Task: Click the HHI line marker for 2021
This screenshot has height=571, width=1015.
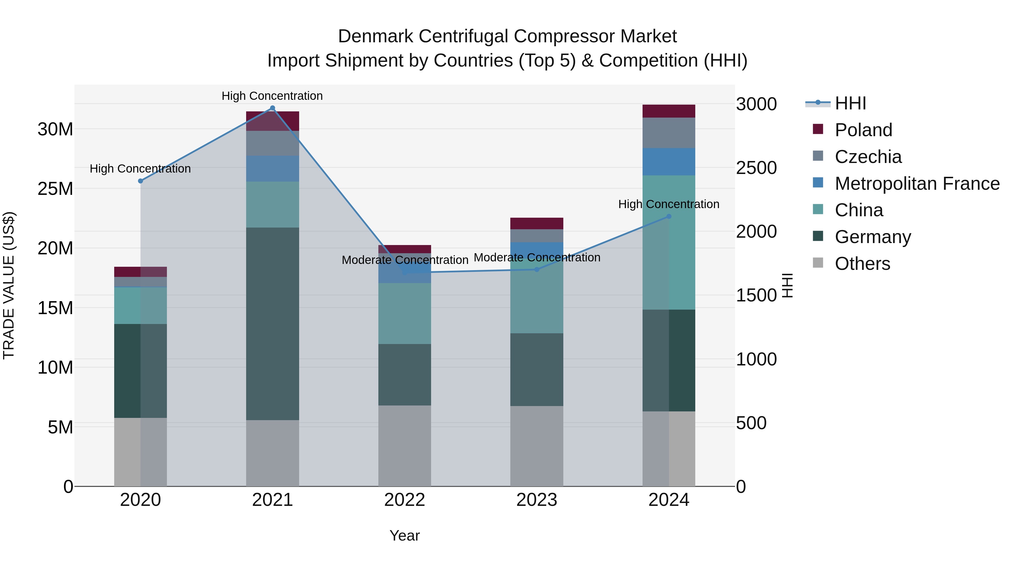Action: [x=272, y=108]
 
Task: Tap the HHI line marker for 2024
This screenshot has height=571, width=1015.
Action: [x=669, y=216]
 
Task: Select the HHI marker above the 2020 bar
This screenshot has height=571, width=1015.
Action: [x=140, y=181]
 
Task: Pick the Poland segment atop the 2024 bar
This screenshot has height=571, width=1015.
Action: [x=669, y=111]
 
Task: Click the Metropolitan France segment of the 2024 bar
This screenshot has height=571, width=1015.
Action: [x=669, y=162]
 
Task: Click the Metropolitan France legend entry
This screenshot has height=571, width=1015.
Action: [x=917, y=184]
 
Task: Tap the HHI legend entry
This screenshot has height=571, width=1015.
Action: [x=850, y=103]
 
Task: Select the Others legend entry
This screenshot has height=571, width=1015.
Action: [x=862, y=264]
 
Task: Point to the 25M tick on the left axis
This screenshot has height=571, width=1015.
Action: [x=55, y=189]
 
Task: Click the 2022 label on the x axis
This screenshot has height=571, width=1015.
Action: [x=404, y=500]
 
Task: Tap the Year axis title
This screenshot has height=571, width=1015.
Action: [x=404, y=535]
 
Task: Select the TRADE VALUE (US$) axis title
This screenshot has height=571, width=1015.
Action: [x=9, y=285]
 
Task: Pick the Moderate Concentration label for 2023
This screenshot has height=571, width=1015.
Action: [x=537, y=257]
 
